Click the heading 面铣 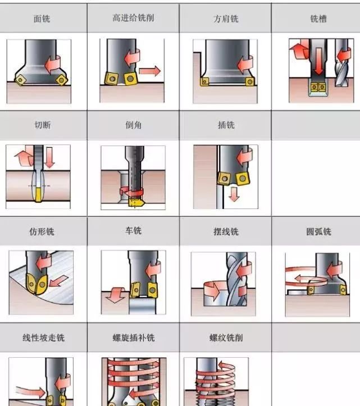coord(42,19)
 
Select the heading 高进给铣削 coord(133,18)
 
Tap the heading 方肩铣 coord(226,19)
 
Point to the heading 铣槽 coord(318,19)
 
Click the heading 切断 coord(43,125)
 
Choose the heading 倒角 coord(133,125)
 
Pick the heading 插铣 coord(226,125)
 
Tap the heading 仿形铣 coord(42,231)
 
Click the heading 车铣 coord(133,230)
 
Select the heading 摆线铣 coord(226,231)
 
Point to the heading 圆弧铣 coord(318,231)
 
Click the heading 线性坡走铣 coord(43,337)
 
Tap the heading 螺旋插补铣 coord(133,337)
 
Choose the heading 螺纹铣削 coord(226,337)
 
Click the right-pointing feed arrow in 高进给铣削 coord(150,71)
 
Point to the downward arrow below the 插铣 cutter coord(234,194)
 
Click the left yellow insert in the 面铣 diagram coord(20,80)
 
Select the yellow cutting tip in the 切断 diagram coord(39,195)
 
